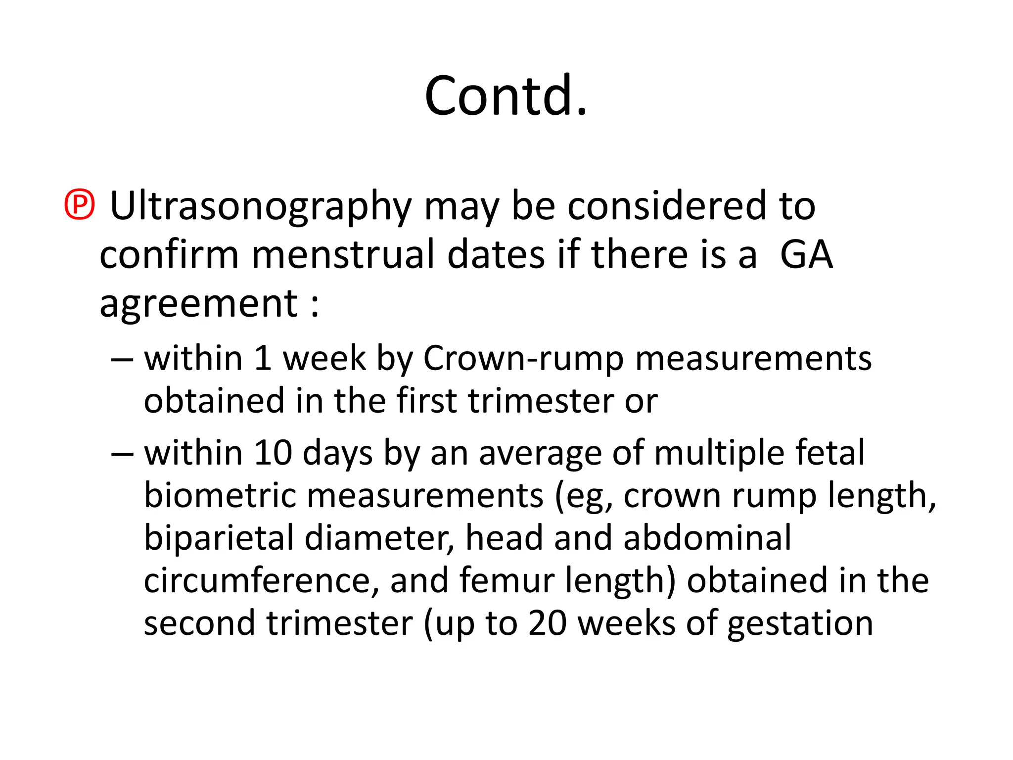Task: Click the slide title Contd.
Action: pyautogui.click(x=506, y=96)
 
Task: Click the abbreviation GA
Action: pyautogui.click(x=806, y=254)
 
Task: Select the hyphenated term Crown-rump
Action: pyautogui.click(x=523, y=359)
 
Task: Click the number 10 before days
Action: pyautogui.click(x=273, y=453)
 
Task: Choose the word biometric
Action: pyautogui.click(x=220, y=495)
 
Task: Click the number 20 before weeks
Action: pyautogui.click(x=547, y=623)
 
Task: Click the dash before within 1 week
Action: pyautogui.click(x=122, y=359)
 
